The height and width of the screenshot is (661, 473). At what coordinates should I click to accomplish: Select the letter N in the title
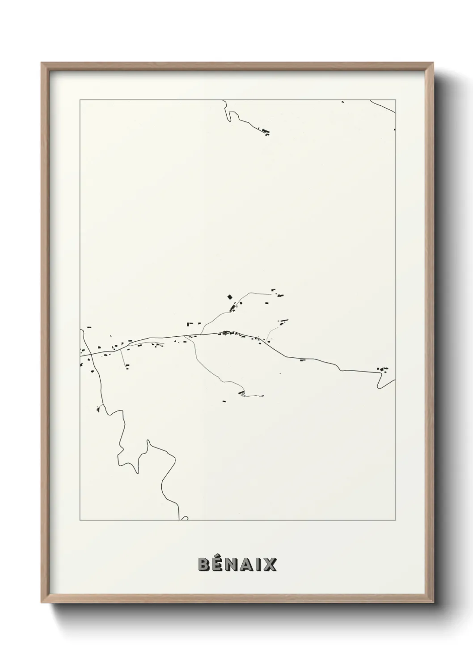point(233,565)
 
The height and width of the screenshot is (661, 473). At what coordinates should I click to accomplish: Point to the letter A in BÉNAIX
point(248,565)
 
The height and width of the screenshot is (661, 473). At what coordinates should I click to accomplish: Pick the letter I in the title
point(259,565)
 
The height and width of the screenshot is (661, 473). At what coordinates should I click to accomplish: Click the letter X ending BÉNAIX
point(270,565)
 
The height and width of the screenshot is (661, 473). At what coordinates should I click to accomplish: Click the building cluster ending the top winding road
point(266,132)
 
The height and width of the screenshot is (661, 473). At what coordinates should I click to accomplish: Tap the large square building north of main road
point(230,296)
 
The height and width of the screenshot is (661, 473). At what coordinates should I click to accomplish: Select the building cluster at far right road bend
point(383,369)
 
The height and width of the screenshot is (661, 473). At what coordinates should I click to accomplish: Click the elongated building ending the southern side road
point(242,393)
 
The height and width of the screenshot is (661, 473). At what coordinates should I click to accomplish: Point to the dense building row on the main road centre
point(227,333)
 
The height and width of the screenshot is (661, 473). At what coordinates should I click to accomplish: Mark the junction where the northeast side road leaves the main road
point(200,334)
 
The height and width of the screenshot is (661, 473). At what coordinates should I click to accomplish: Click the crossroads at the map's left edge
point(91,353)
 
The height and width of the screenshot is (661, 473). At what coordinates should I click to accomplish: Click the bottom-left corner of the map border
point(80,520)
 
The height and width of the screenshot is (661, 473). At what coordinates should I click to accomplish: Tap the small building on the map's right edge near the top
point(394,130)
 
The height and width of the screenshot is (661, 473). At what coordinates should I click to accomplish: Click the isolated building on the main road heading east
point(302,360)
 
